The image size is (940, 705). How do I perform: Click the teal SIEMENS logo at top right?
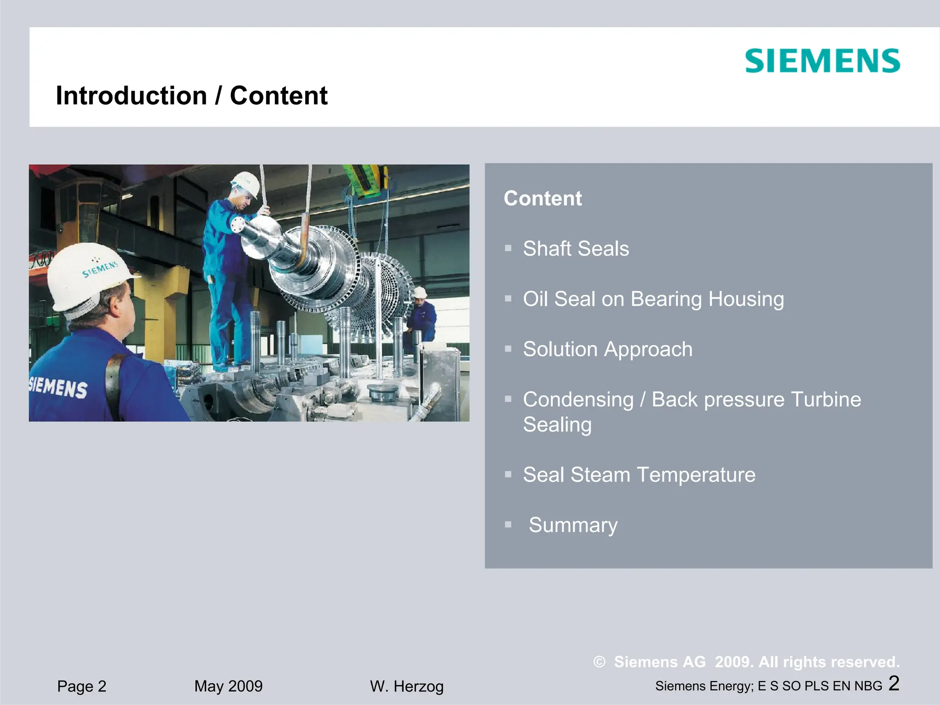(x=822, y=61)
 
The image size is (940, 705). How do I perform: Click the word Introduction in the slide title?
(x=131, y=96)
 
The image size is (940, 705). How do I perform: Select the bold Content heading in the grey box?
(x=543, y=198)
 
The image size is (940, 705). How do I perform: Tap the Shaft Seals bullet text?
(x=576, y=249)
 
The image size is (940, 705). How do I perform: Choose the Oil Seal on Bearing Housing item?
(x=653, y=299)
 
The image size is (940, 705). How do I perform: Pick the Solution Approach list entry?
(x=607, y=349)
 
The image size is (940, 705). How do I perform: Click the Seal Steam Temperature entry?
(x=639, y=475)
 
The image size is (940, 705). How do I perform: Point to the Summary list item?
(x=573, y=525)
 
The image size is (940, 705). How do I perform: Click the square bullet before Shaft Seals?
(x=508, y=249)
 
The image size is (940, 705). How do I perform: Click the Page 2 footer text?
(x=82, y=686)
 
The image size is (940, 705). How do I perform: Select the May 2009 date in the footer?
(x=228, y=686)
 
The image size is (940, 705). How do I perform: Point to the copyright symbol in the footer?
(x=599, y=662)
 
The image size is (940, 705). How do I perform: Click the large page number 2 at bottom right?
(x=894, y=683)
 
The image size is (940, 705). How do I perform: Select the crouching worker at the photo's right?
(x=421, y=317)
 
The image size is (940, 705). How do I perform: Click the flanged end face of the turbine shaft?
(x=239, y=226)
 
